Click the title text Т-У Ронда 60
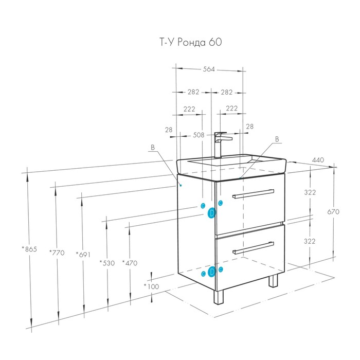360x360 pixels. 191,42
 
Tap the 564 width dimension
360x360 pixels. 209,69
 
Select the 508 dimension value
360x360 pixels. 199,135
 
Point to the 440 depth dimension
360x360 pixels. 318,160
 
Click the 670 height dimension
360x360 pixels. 333,211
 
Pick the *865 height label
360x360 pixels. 29,249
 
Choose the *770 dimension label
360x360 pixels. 57,253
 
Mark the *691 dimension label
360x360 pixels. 83,255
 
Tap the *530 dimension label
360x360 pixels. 107,263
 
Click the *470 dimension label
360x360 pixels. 130,263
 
